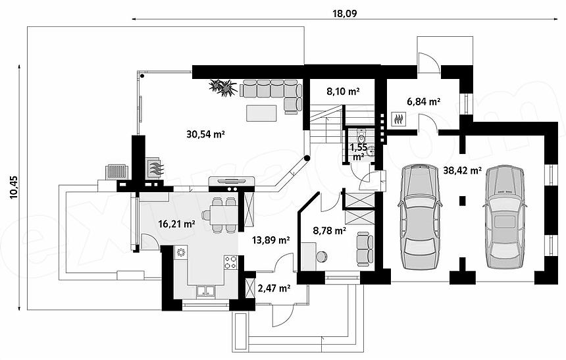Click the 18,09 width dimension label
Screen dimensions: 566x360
(344, 13)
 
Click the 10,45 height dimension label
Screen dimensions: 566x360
(13, 188)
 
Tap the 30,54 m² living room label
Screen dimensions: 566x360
(206, 134)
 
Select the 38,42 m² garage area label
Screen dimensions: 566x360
(462, 170)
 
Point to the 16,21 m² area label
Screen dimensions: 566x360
(177, 224)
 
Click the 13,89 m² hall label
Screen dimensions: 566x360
(270, 240)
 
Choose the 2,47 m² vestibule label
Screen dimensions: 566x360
(274, 288)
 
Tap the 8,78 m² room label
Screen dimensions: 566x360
(330, 231)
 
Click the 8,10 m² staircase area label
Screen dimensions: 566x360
(343, 91)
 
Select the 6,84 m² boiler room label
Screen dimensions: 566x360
(423, 102)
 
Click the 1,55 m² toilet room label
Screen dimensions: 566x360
(359, 152)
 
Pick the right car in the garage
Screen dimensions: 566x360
(505, 217)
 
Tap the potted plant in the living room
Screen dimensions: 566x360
(223, 88)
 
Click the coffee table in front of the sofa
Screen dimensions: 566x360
(262, 113)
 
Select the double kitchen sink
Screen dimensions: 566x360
(206, 292)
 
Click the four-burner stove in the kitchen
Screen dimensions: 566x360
(230, 263)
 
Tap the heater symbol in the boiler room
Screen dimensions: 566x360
(399, 119)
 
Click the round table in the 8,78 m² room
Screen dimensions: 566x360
(321, 257)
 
